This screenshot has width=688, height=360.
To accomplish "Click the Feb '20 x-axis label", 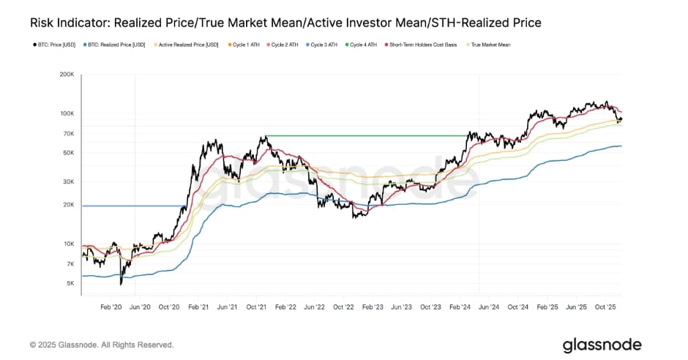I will pyautogui.click(x=111, y=307).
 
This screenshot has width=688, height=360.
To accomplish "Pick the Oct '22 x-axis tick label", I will pyautogui.click(x=343, y=307).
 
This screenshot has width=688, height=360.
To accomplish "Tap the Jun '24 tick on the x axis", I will pyautogui.click(x=488, y=307).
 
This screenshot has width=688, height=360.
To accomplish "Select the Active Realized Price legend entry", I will pyautogui.click(x=188, y=45).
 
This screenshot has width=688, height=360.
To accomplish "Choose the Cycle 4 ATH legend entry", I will pyautogui.click(x=363, y=45).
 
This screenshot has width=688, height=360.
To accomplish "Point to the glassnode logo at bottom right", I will pyautogui.click(x=602, y=345).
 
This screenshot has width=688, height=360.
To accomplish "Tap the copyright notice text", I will pyautogui.click(x=102, y=345).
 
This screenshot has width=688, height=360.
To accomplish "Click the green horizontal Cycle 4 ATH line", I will pyautogui.click(x=366, y=135).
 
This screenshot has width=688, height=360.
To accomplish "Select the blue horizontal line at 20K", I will pyautogui.click(x=132, y=206).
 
